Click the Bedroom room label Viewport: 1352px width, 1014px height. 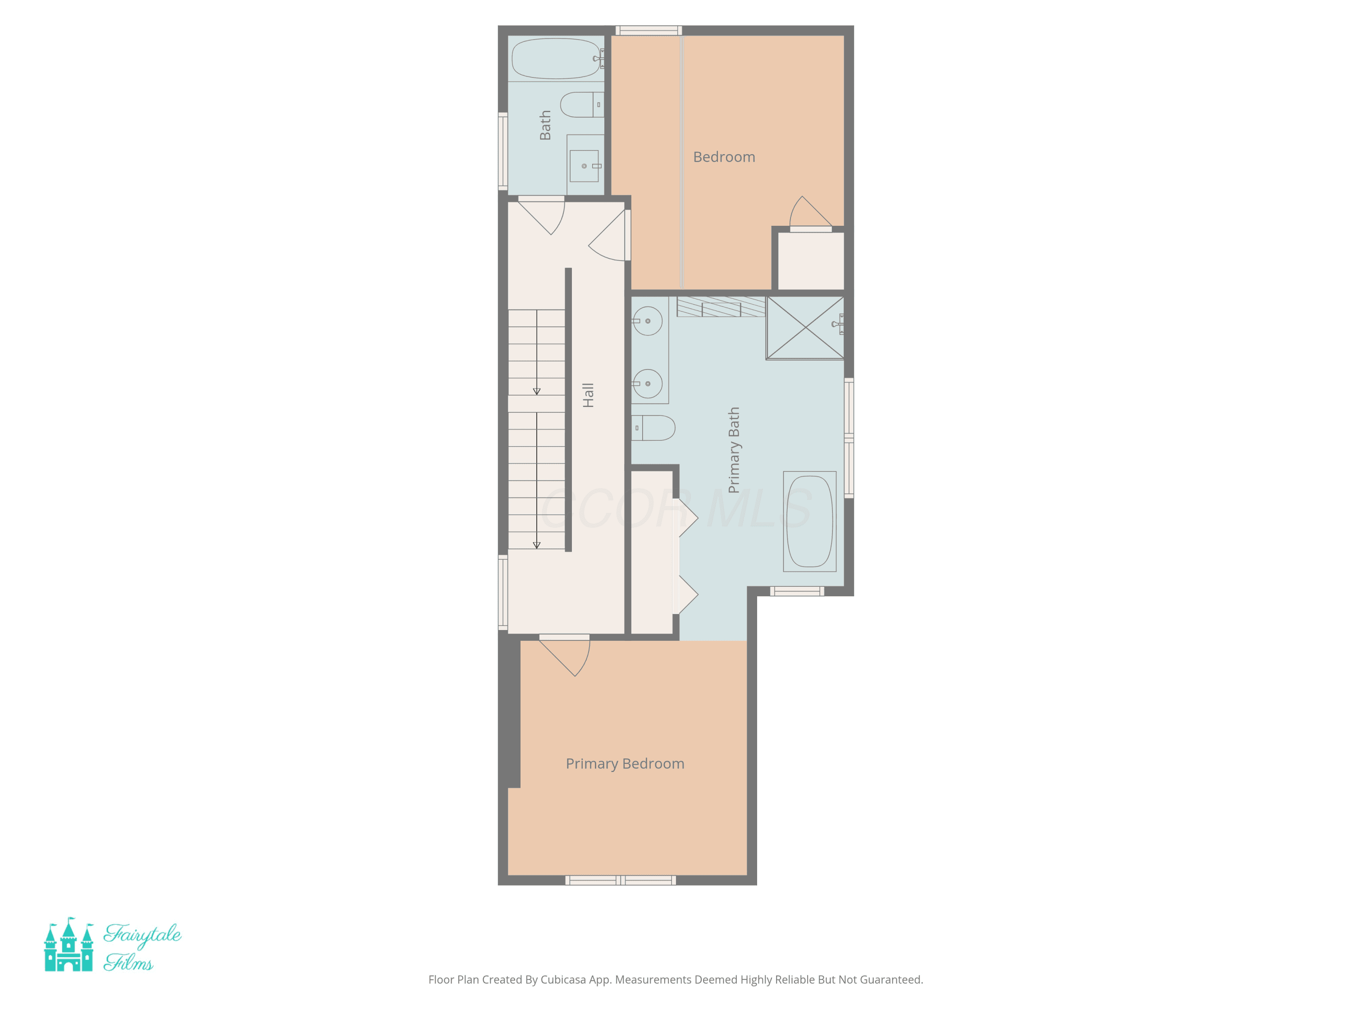click(x=724, y=157)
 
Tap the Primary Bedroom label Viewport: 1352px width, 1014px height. click(x=625, y=764)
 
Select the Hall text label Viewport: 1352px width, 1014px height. click(x=588, y=395)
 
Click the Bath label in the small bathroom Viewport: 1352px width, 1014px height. click(x=544, y=125)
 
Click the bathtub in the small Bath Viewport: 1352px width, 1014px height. click(x=556, y=59)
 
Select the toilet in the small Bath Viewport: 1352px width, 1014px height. click(x=582, y=105)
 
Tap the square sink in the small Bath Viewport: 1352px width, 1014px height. click(x=585, y=166)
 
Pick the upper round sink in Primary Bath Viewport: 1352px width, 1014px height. click(x=647, y=321)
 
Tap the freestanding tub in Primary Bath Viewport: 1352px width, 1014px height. click(x=809, y=521)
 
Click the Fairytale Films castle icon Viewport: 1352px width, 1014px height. click(x=69, y=945)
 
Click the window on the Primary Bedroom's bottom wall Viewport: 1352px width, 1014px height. click(x=621, y=880)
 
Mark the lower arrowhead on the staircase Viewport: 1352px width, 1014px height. click(x=537, y=545)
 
